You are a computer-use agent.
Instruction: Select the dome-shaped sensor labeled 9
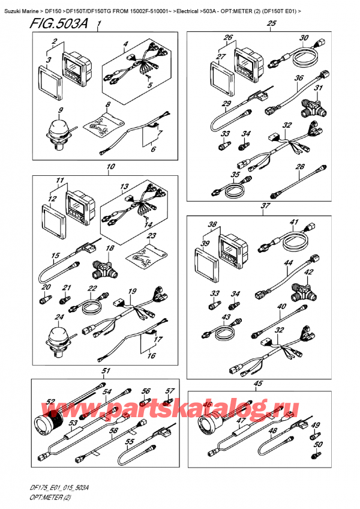pos(56,130)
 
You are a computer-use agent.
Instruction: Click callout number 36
pos(299,79)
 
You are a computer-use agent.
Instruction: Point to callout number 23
pos(152,236)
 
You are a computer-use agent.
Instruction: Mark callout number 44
pos(289,263)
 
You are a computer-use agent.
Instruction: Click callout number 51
pos(106,371)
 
